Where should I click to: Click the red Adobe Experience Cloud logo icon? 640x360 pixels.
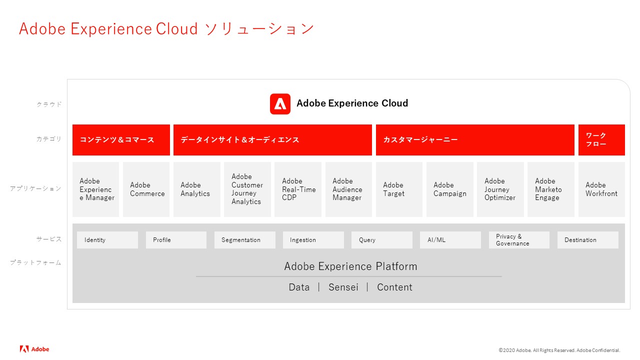click(x=280, y=104)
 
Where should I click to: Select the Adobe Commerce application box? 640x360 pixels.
click(x=146, y=189)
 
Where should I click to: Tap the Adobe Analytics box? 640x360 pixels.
click(x=197, y=189)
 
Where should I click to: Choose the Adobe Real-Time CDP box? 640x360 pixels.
click(x=297, y=189)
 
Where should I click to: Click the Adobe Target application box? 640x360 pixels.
click(x=399, y=189)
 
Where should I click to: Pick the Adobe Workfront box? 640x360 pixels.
click(x=601, y=189)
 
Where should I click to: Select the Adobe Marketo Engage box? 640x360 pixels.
click(x=551, y=189)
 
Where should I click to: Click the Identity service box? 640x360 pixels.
click(x=107, y=240)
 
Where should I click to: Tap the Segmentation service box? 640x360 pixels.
click(x=245, y=240)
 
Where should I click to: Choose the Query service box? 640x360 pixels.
click(x=381, y=240)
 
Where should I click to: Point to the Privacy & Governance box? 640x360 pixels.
click(x=519, y=240)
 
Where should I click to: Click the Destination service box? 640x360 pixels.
click(x=587, y=240)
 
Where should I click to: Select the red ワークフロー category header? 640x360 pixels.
click(x=601, y=140)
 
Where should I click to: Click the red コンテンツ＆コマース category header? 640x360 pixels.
click(x=121, y=140)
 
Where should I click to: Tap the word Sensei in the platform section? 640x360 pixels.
click(x=343, y=287)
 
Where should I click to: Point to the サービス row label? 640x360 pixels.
click(x=49, y=239)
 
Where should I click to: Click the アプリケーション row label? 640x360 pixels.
click(x=35, y=188)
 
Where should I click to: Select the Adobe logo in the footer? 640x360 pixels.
click(x=34, y=349)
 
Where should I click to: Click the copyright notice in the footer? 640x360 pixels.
click(x=559, y=350)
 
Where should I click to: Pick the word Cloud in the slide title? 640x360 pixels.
click(x=177, y=29)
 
